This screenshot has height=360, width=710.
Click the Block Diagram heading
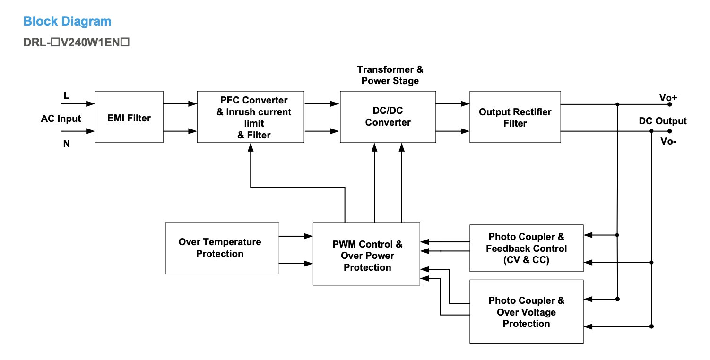[67, 21]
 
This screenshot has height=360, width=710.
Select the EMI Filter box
[129, 117]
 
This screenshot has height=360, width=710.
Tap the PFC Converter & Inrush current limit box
[251, 117]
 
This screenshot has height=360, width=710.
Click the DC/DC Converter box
[388, 117]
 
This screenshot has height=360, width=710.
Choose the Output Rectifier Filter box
[515, 117]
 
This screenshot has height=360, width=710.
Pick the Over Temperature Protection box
[222, 248]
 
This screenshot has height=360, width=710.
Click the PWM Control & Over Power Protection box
[366, 254]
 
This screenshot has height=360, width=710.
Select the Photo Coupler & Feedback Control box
[526, 248]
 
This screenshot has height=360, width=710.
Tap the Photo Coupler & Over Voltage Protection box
[526, 312]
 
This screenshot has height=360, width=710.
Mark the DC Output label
[662, 121]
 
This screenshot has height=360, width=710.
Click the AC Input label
[61, 119]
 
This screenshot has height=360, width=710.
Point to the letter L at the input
[67, 96]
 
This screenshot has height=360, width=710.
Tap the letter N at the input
[67, 144]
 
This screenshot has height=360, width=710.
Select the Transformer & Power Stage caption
[390, 75]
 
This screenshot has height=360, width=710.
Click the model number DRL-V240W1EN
[77, 43]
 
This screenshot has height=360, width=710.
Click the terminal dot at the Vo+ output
[669, 104]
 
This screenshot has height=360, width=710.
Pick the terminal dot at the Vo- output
[669, 131]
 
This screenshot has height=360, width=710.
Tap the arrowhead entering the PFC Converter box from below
[251, 147]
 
